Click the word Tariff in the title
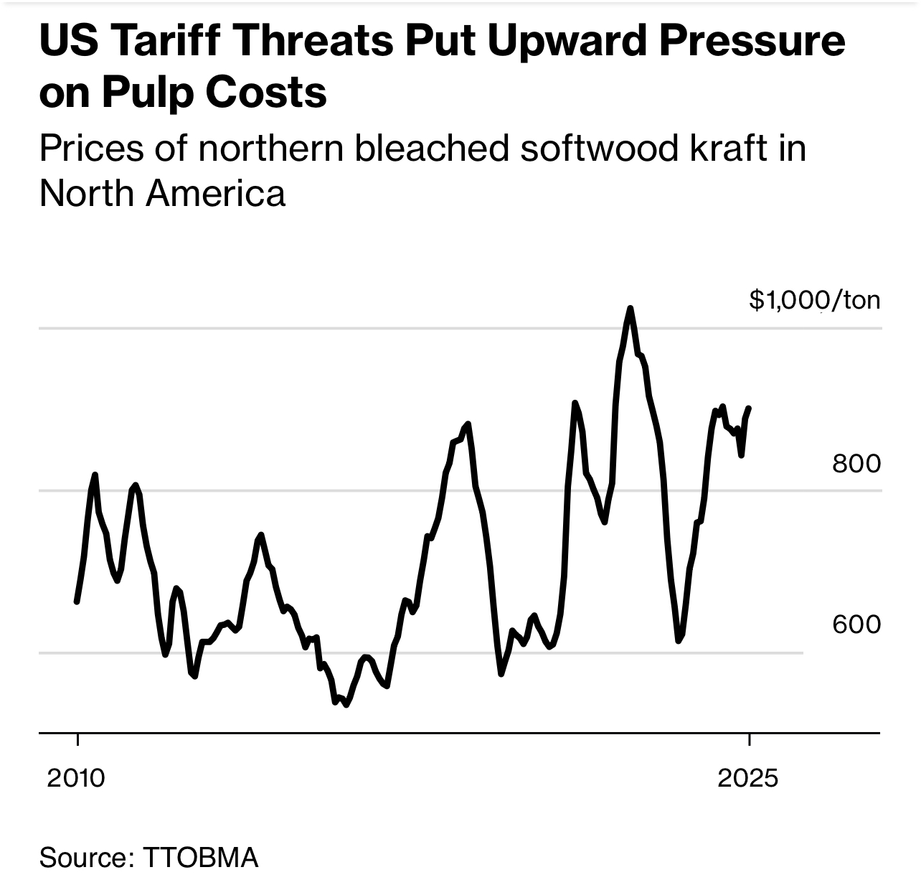159,41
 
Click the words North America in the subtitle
162,193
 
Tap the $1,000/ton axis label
814,300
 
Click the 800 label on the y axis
856,464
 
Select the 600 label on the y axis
856,624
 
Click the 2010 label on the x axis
76,778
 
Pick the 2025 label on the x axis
747,778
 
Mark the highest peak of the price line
630,309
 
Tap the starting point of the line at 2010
77,601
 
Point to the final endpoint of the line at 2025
749,408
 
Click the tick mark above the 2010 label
77,740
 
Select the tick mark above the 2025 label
749,740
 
